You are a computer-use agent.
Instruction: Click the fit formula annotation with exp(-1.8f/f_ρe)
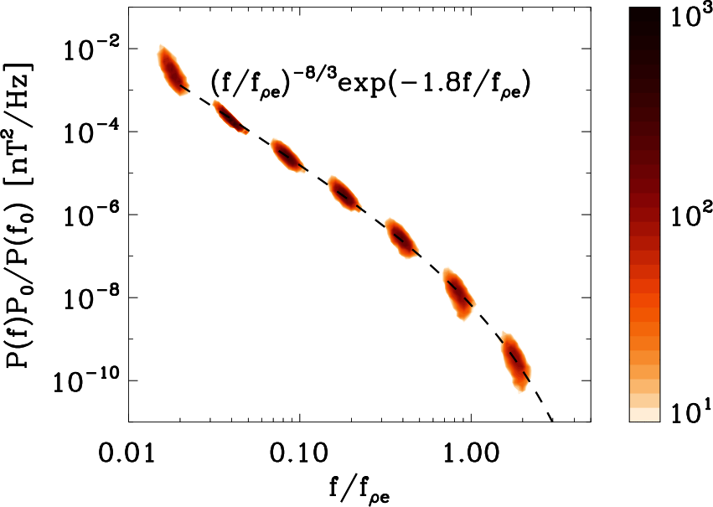372,85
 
